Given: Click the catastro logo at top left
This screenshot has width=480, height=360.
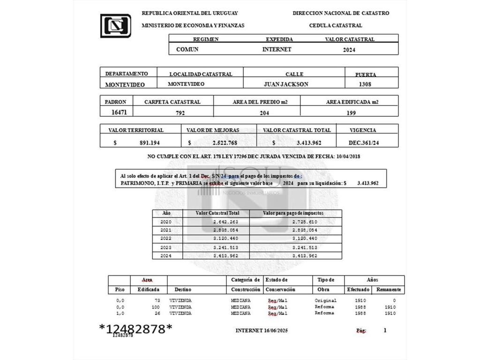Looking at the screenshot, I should point(116,26).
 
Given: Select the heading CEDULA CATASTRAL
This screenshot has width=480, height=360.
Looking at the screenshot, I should point(336,25).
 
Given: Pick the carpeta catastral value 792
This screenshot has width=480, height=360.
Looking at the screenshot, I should point(180,113).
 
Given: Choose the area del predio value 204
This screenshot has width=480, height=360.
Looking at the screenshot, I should point(264,113).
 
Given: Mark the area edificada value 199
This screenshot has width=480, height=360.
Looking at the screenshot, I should point(351,113).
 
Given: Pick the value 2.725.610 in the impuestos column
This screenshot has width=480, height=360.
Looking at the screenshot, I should point(305,222).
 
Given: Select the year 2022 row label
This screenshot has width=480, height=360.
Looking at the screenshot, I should point(166,239).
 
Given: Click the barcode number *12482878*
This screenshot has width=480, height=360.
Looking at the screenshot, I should point(135,329).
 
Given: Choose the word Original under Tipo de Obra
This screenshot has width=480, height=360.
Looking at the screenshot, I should point(326,300).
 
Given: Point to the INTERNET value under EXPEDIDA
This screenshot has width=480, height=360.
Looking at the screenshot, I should point(277,49).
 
